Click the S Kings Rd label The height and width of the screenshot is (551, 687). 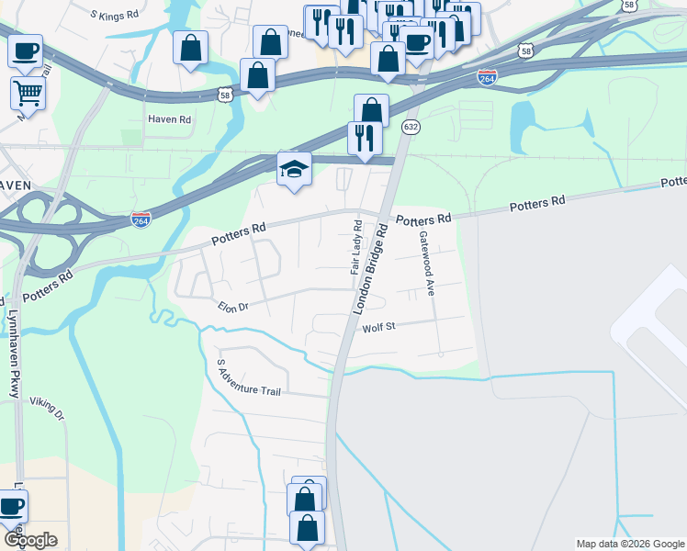tap(115, 15)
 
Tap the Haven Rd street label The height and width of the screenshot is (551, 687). tap(170, 120)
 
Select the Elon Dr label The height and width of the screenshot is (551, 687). tap(233, 308)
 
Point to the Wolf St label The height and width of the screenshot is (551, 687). tap(377, 327)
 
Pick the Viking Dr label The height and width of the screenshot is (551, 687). tap(48, 408)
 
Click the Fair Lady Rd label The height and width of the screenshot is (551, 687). tap(356, 248)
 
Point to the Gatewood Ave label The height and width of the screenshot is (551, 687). tap(426, 262)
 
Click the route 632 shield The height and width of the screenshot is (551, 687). tap(411, 127)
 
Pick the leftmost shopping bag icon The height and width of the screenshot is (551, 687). tap(190, 48)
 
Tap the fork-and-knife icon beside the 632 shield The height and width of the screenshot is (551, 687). tap(365, 138)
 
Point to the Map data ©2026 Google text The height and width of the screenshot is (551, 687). tap(630, 544)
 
